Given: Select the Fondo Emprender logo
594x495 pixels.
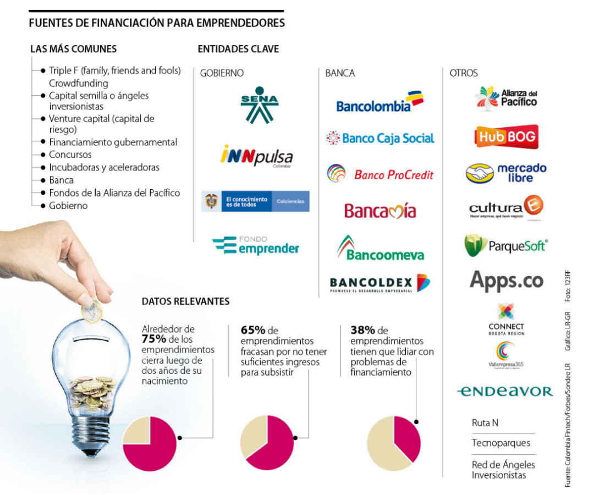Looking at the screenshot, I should click(x=256, y=245).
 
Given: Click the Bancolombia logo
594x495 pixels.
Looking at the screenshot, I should click(x=380, y=102).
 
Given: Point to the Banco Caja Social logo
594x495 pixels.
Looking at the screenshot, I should click(x=380, y=138).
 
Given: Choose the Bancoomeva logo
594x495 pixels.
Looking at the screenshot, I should click(x=380, y=249).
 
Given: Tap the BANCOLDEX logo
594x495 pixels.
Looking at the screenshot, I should click(x=380, y=283).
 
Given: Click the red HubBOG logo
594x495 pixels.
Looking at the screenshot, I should click(x=506, y=137).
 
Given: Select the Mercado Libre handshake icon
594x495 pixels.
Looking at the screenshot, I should click(x=480, y=173).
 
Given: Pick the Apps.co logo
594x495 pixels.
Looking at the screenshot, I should click(x=506, y=280).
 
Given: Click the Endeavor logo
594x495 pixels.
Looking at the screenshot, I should click(x=504, y=392).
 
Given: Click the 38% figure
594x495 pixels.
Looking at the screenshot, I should click(x=362, y=331).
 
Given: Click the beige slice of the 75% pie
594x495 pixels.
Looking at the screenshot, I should click(x=136, y=430).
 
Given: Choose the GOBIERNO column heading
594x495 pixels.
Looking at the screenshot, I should click(x=222, y=73).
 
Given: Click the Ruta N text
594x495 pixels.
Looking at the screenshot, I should click(x=485, y=423).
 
